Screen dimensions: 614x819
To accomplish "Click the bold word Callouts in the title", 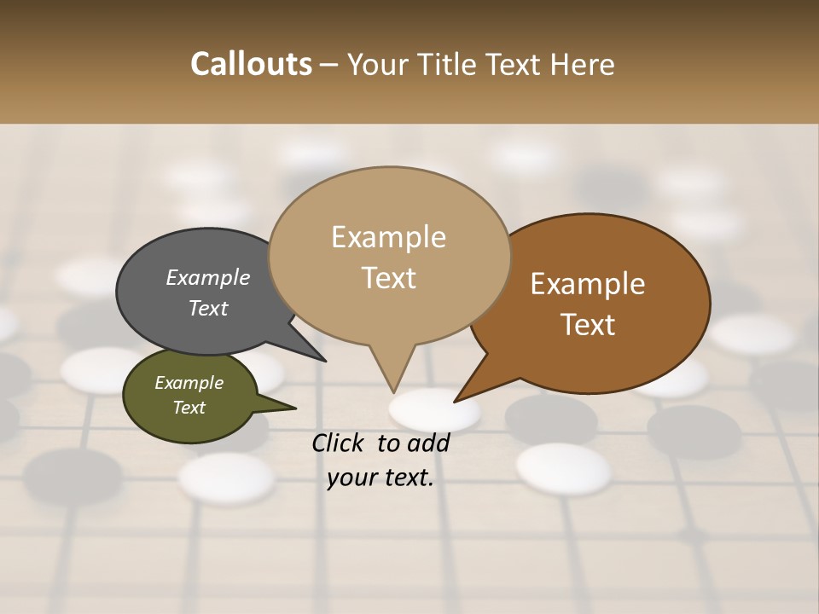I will point(251,64).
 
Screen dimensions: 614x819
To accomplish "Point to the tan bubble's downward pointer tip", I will point(393,391).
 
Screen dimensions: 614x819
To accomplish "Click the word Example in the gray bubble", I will point(207,277).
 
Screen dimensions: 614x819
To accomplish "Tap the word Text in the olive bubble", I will point(189,408).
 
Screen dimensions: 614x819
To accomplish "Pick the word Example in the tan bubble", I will point(388,237).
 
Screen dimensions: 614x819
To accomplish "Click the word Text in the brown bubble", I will point(588,325).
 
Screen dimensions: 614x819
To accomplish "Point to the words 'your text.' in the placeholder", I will point(380,478).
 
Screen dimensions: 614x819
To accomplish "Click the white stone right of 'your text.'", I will point(564,467).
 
